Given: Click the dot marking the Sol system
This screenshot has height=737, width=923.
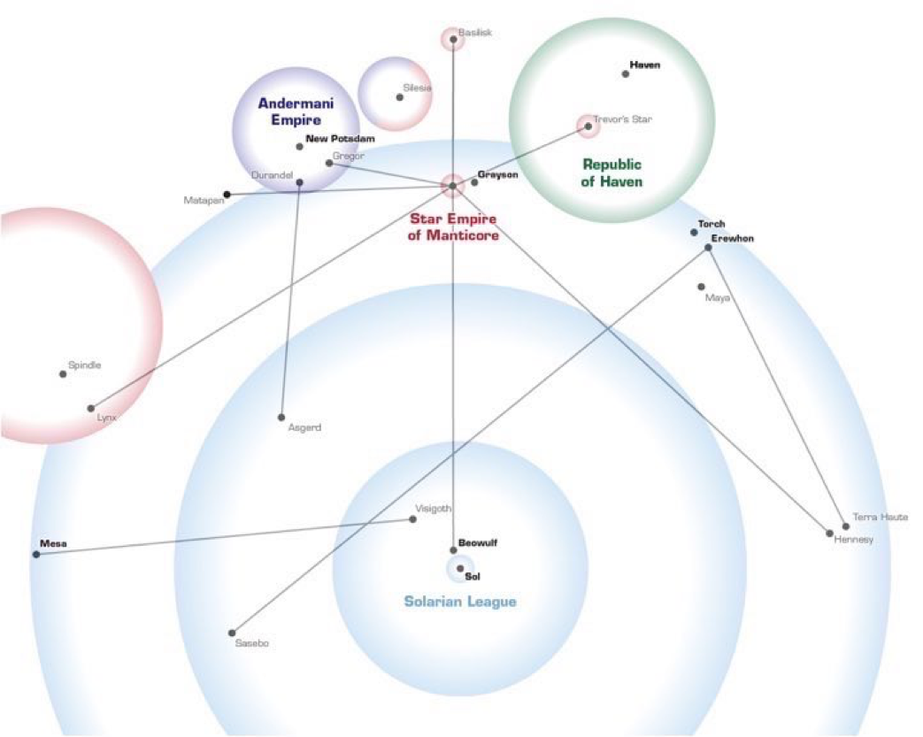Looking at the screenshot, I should [460, 568].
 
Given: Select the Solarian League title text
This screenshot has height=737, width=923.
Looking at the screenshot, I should [460, 602].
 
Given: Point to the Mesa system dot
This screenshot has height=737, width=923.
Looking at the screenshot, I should [36, 555].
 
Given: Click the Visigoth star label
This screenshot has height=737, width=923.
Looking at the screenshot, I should [435, 509].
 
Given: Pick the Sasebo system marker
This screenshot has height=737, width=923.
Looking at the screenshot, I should [232, 633].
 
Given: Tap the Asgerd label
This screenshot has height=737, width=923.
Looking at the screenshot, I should [304, 428].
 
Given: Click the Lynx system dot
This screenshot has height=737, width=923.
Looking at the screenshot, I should [90, 408].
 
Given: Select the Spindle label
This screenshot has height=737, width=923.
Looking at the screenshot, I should [85, 365].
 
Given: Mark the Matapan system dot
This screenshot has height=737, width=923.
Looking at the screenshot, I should [227, 194].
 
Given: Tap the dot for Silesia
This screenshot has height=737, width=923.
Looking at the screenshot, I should [400, 97].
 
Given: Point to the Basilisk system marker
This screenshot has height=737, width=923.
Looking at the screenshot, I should [453, 38].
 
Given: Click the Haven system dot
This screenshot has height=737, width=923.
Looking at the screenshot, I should [626, 74].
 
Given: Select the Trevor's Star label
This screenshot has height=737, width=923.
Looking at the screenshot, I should [622, 119].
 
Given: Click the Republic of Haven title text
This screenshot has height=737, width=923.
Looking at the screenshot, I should [611, 173].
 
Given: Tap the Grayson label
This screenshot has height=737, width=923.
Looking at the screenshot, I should [497, 175].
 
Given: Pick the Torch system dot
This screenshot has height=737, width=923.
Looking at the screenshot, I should [695, 233].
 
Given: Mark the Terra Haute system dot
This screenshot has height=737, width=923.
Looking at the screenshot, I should [846, 526].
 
